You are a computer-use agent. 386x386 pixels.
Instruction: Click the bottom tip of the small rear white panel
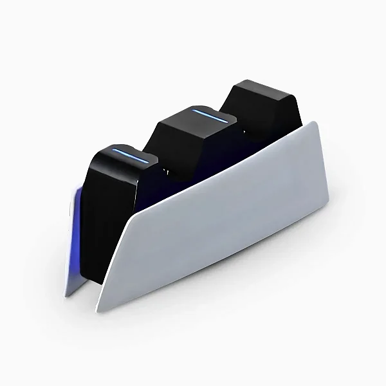(x=66, y=295)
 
